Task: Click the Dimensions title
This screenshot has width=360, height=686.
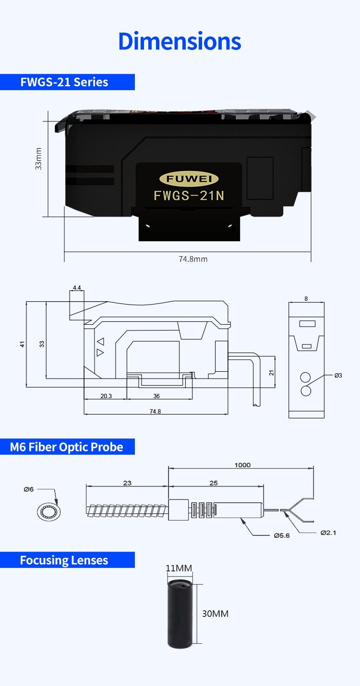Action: (x=180, y=41)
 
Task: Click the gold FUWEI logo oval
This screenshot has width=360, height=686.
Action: (x=189, y=179)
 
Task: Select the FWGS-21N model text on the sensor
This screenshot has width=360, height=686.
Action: (x=189, y=196)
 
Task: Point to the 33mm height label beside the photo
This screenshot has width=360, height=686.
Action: (x=38, y=158)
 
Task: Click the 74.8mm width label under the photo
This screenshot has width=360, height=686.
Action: (x=193, y=259)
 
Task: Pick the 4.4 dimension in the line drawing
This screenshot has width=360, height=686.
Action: (x=77, y=287)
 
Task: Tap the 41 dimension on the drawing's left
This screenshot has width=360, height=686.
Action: (x=22, y=344)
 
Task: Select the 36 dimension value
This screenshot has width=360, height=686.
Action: (x=156, y=396)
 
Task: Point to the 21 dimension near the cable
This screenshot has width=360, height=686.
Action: (x=271, y=372)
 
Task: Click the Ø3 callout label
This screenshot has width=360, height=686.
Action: (x=338, y=375)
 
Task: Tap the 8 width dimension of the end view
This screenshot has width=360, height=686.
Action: (x=306, y=298)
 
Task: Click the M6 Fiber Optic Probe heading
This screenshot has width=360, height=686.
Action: (x=67, y=447)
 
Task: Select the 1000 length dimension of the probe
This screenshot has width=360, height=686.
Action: (x=242, y=465)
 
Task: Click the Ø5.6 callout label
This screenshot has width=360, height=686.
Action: (x=282, y=535)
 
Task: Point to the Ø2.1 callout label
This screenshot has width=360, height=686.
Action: (x=328, y=532)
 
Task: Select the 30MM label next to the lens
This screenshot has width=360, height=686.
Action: (x=215, y=614)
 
